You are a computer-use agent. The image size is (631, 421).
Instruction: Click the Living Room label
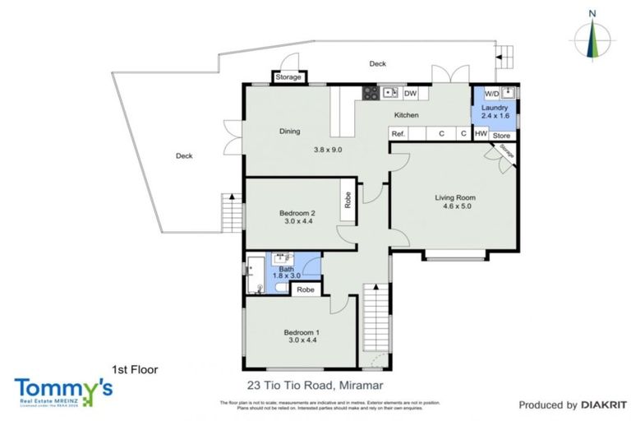click(x=455, y=197)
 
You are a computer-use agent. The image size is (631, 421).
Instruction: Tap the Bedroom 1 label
click(x=300, y=332)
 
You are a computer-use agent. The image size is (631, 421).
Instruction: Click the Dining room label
click(x=289, y=131)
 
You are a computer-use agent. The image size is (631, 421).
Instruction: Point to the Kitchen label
click(x=407, y=116)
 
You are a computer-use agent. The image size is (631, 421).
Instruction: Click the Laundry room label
click(x=500, y=108)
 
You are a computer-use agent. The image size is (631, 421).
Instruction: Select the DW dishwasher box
click(x=411, y=93)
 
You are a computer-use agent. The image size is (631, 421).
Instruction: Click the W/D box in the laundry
click(x=491, y=93)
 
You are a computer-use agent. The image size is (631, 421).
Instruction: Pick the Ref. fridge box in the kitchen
click(x=398, y=134)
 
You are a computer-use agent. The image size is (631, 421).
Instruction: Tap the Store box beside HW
click(x=502, y=135)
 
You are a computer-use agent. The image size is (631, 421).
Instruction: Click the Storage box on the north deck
click(x=288, y=77)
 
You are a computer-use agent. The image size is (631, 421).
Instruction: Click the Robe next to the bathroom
click(x=305, y=289)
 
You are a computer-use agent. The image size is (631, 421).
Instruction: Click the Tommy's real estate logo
click(x=62, y=390)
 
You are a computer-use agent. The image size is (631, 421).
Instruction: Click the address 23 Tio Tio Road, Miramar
click(x=315, y=384)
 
